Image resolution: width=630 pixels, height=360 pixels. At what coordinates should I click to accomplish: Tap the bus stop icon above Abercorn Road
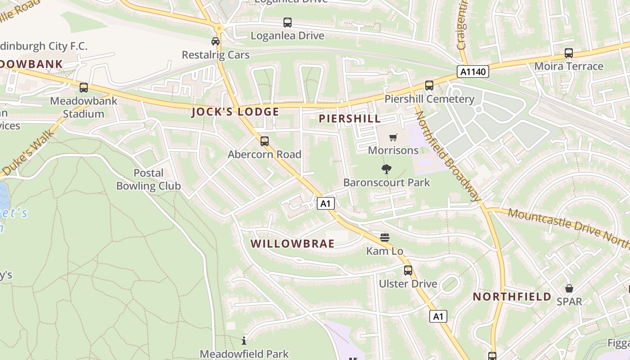pos(265,141)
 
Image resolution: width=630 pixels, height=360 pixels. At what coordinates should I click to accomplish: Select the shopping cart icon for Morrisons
pos(393,137)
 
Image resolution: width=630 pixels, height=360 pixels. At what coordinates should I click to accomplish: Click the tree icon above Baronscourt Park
pos(386,169)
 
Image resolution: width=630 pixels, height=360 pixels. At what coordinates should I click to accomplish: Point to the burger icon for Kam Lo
pos(385,237)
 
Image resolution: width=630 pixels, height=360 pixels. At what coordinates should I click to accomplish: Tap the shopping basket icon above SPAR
pos(569,288)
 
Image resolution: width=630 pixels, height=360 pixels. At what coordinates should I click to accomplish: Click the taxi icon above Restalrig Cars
pos(216,41)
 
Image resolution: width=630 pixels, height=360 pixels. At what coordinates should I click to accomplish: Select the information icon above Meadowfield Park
pos(244,341)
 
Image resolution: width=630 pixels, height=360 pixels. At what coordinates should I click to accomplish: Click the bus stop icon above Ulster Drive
pos(408,270)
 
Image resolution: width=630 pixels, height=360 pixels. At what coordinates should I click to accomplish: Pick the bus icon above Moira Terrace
pos(569,53)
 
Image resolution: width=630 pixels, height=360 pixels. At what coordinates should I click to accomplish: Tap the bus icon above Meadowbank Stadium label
pos(84,88)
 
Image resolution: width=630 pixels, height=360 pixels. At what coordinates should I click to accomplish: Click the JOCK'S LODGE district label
pos(235,112)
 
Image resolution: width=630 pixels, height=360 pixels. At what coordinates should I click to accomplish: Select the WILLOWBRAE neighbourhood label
pos(292,244)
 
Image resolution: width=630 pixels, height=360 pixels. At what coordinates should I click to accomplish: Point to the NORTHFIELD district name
pos(512,297)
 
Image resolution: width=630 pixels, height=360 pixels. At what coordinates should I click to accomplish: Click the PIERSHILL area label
pos(350,119)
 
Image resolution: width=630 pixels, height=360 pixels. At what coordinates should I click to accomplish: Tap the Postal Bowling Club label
pos(148,179)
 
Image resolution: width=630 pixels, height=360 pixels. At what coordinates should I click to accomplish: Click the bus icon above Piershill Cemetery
pos(429,85)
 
